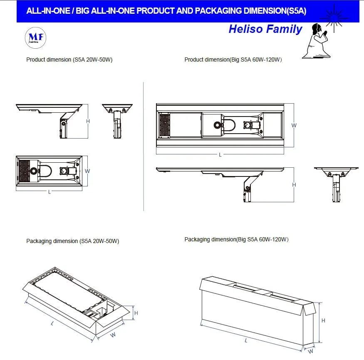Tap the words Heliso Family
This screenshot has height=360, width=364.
pyautogui.click(x=265, y=29)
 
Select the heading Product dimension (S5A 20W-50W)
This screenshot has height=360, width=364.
pyautogui.click(x=69, y=60)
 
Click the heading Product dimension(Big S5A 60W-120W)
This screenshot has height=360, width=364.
pyautogui.click(x=233, y=60)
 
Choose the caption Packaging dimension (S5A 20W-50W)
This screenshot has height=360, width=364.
pyautogui.click(x=72, y=241)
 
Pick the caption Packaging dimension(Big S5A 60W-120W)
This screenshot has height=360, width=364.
pyautogui.click(x=236, y=239)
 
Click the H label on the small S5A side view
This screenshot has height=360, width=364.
pyautogui.click(x=88, y=121)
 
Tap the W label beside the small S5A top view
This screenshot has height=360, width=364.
pyautogui.click(x=87, y=171)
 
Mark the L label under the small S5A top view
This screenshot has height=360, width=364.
pyautogui.click(x=50, y=192)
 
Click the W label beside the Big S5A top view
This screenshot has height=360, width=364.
pyautogui.click(x=294, y=125)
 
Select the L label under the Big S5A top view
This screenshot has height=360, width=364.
pyautogui.click(x=220, y=155)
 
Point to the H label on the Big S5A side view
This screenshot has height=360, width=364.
pyautogui.click(x=294, y=185)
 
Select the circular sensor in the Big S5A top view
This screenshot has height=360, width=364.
pyautogui.click(x=217, y=125)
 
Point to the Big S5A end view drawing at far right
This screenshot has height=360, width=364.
pyautogui.click(x=336, y=183)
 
